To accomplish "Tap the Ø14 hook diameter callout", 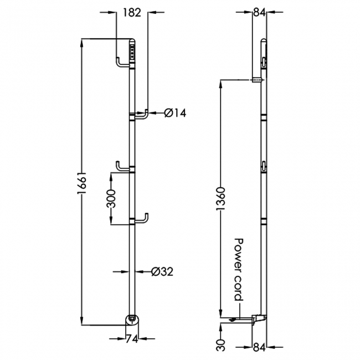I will [175, 113].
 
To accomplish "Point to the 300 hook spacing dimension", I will [111, 199].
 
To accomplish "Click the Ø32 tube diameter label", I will [162, 271].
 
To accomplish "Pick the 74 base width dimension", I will [131, 340].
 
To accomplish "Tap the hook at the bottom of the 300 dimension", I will [143, 219].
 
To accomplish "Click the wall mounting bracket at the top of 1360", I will [257, 80].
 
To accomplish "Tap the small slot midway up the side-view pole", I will [264, 164].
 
